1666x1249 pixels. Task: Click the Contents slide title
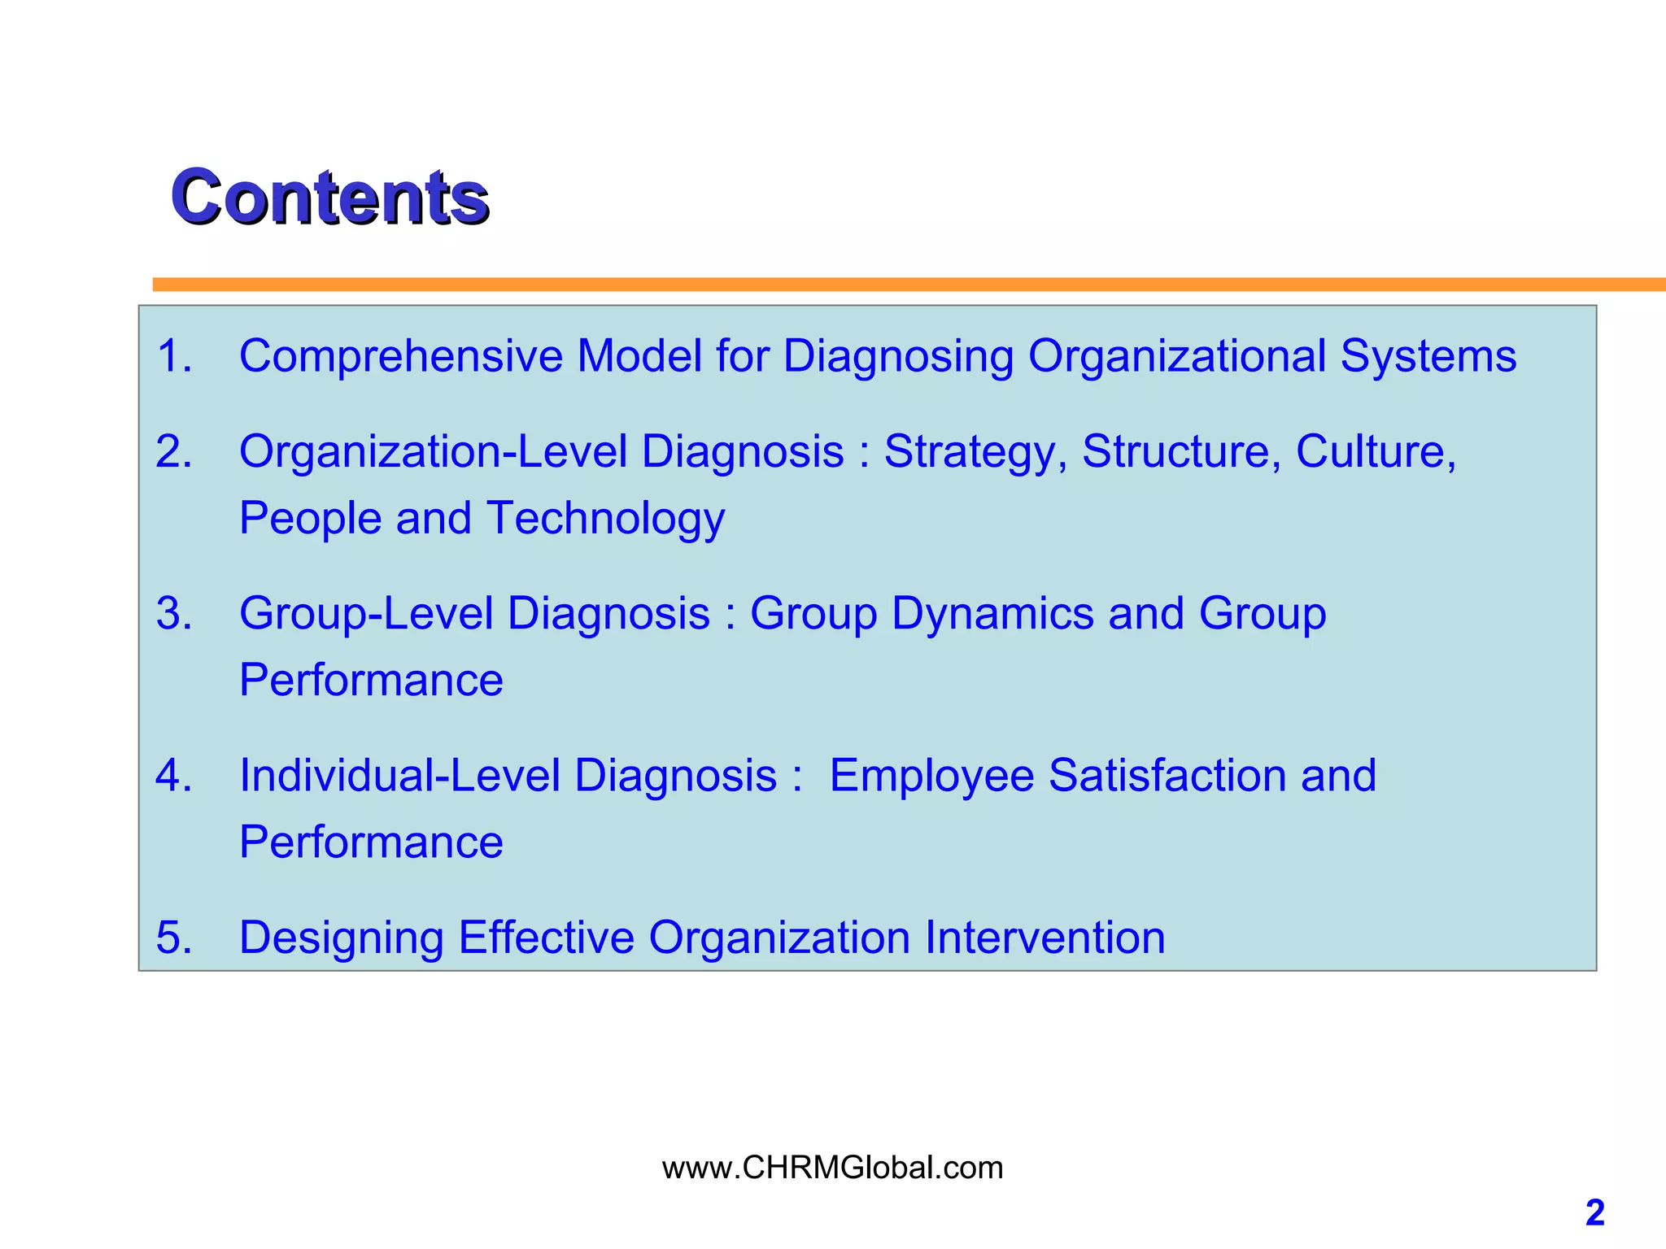click(x=329, y=197)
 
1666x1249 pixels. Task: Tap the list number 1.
click(x=173, y=356)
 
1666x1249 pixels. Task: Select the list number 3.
click(x=173, y=613)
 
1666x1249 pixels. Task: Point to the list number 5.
click(x=173, y=938)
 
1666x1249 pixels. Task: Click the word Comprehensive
click(x=400, y=356)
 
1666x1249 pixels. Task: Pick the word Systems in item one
click(x=1428, y=356)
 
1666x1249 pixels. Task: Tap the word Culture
click(x=1375, y=451)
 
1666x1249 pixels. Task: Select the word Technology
click(x=605, y=519)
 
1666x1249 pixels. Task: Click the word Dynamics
click(x=992, y=613)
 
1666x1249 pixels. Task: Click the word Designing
click(x=342, y=938)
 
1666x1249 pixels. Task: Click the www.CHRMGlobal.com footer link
click(x=832, y=1168)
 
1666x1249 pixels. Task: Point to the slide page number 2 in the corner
click(x=1594, y=1213)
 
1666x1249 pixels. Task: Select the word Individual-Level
click(x=399, y=775)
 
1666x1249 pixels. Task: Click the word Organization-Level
click(x=433, y=451)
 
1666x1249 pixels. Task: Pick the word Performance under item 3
click(x=371, y=680)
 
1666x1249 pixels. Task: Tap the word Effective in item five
click(x=546, y=938)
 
